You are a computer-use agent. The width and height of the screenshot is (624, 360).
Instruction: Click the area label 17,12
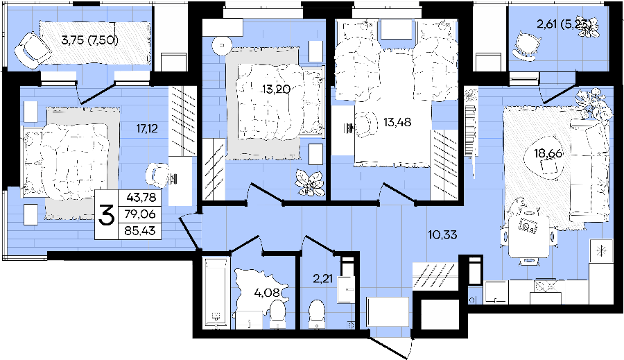(147, 128)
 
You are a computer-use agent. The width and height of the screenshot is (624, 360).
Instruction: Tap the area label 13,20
(276, 89)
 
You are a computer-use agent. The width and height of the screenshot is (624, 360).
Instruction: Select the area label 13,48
(397, 122)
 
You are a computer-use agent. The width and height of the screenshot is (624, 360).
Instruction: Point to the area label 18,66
(548, 153)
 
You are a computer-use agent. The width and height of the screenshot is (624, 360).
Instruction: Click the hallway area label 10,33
(442, 235)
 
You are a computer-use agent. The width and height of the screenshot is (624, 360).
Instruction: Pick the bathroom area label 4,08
(267, 293)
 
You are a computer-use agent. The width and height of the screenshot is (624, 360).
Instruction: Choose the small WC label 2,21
(322, 279)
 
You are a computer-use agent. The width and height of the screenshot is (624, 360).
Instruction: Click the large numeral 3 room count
(106, 215)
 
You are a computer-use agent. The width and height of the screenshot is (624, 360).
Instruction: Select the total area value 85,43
(139, 230)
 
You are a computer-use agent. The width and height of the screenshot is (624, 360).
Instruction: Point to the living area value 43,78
(141, 197)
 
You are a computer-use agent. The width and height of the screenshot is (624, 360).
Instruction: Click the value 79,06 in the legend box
(139, 214)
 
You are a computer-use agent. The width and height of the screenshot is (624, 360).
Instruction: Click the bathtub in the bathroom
(217, 293)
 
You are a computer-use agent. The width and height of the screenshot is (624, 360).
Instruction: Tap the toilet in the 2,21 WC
(317, 314)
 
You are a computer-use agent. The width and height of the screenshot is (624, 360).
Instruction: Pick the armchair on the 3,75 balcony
(28, 50)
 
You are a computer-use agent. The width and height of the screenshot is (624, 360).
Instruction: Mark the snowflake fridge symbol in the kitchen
(601, 250)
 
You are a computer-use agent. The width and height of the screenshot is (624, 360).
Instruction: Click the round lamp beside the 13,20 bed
(222, 45)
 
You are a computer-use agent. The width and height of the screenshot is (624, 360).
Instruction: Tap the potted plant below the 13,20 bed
(310, 183)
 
